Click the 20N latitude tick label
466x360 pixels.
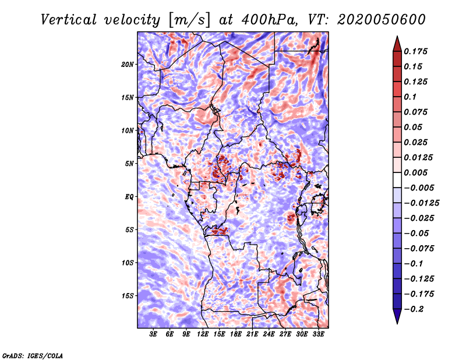pyautogui.click(x=128, y=65)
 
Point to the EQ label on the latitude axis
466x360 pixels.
pyautogui.click(x=129, y=197)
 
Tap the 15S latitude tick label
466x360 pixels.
pyautogui.click(x=128, y=296)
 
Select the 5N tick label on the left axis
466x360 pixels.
pyautogui.click(x=129, y=164)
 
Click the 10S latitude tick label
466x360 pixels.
pyautogui.click(x=128, y=263)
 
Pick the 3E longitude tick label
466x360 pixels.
pyautogui.click(x=153, y=334)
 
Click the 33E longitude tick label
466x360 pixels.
pyautogui.click(x=318, y=334)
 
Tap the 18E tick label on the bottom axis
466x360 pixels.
pyautogui.click(x=236, y=334)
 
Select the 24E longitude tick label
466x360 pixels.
pyautogui.click(x=269, y=334)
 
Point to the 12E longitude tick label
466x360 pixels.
pyautogui.click(x=203, y=334)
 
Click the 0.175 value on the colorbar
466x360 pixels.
pyautogui.click(x=415, y=51)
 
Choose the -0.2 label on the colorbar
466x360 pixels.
pyautogui.click(x=414, y=309)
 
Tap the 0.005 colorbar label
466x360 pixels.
pyautogui.click(x=415, y=172)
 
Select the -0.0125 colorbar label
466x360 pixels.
pyautogui.click(x=421, y=203)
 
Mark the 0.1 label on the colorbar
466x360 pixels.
pyautogui.click(x=410, y=97)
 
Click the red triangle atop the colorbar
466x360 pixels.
pyautogui.click(x=397, y=45)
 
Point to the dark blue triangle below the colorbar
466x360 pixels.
pyautogui.click(x=397, y=315)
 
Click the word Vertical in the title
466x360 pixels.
pyautogui.click(x=69, y=20)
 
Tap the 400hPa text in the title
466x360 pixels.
pyautogui.click(x=269, y=20)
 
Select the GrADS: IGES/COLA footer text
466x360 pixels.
pyautogui.click(x=33, y=355)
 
